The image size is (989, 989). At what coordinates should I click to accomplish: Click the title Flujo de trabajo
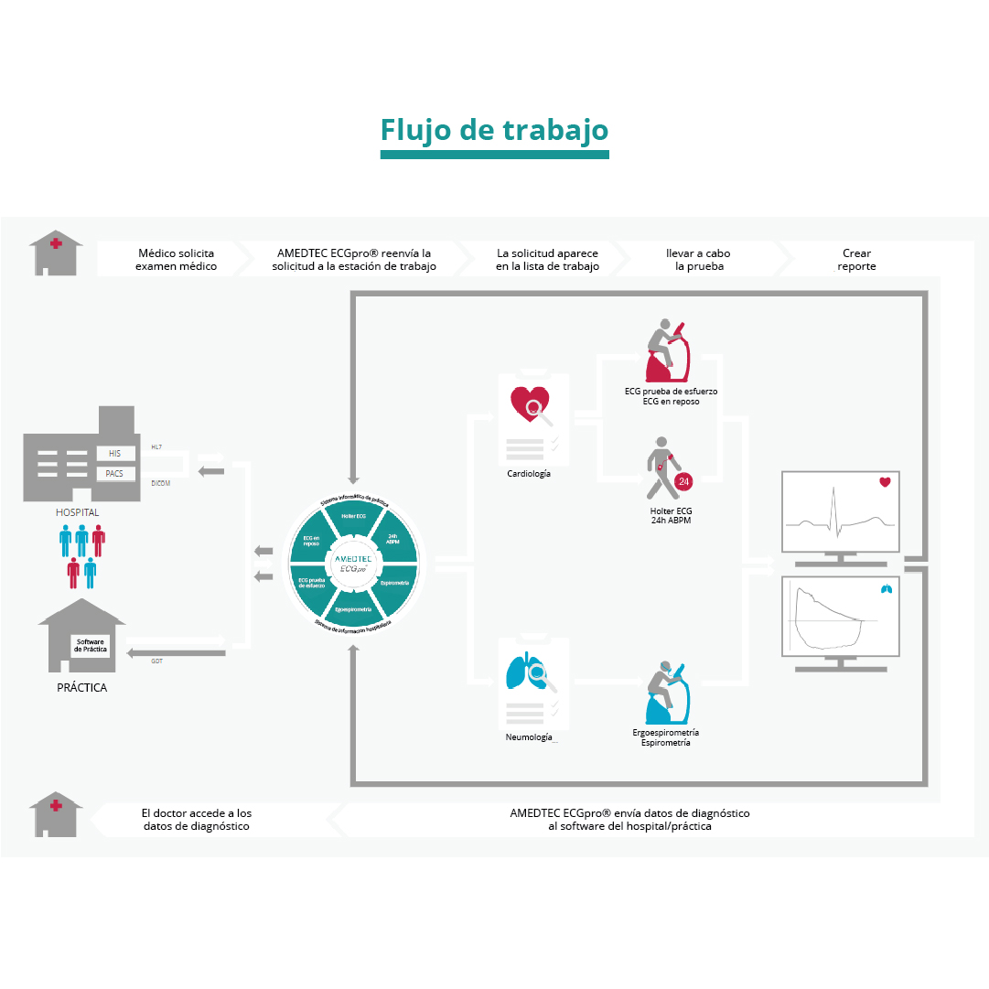click(x=494, y=130)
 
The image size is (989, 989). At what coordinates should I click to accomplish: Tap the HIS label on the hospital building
click(x=114, y=453)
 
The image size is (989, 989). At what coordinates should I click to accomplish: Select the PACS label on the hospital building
click(x=114, y=473)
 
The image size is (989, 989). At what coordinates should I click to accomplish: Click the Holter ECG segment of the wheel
click(x=354, y=517)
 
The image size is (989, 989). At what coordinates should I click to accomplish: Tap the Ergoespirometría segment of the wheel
click(x=353, y=607)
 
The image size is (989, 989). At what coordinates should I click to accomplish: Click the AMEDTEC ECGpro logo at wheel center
click(x=353, y=562)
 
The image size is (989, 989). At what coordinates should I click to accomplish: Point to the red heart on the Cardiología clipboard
click(x=529, y=403)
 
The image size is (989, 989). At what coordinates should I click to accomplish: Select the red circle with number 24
click(x=683, y=481)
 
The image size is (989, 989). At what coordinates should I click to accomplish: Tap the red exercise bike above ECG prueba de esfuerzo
click(x=668, y=352)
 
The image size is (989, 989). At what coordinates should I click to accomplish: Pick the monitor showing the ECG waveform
click(x=841, y=512)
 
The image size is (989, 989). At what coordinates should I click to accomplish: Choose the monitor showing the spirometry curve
click(x=841, y=617)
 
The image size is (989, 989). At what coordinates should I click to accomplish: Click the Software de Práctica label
click(x=91, y=644)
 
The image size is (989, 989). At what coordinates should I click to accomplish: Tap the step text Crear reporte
click(x=856, y=260)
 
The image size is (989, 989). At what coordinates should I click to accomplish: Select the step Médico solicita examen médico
click(x=177, y=260)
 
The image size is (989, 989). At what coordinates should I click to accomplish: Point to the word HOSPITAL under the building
click(x=77, y=512)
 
